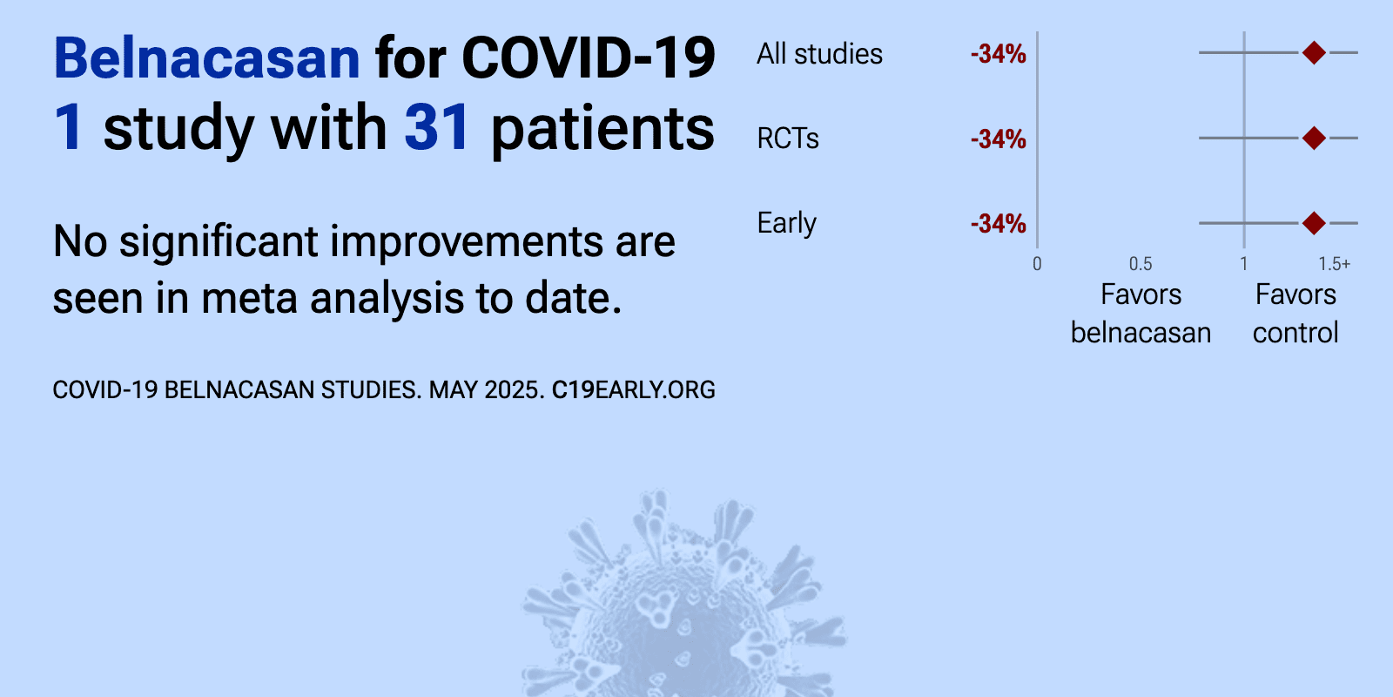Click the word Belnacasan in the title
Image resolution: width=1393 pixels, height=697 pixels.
tap(207, 58)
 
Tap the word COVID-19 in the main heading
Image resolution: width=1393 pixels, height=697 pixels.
tap(589, 58)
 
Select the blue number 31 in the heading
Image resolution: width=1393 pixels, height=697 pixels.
tap(436, 127)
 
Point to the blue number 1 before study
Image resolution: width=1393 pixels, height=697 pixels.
tap(69, 127)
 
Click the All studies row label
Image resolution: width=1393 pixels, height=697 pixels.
tap(819, 54)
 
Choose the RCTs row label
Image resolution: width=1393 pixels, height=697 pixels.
tap(788, 139)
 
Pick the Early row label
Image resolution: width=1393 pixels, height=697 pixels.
tap(787, 223)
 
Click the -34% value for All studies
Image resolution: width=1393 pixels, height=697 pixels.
tap(998, 54)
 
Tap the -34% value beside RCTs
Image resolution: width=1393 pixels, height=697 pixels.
tap(998, 139)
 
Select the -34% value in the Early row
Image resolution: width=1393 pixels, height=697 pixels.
tap(998, 223)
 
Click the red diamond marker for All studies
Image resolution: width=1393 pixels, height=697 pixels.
tap(1314, 53)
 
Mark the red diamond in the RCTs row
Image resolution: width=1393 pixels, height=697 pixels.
tap(1314, 138)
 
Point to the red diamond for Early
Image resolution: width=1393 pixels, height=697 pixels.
tap(1314, 223)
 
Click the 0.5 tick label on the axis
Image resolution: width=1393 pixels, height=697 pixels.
tap(1141, 264)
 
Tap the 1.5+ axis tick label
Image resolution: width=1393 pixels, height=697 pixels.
tap(1334, 264)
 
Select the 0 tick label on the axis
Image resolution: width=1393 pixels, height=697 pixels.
tap(1037, 264)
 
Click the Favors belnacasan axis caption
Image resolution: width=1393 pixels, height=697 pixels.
tap(1141, 314)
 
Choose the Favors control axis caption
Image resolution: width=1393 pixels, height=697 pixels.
tap(1295, 314)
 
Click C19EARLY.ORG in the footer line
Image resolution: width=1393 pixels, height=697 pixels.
tap(633, 390)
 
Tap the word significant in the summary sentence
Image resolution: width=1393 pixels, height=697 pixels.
tap(219, 242)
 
